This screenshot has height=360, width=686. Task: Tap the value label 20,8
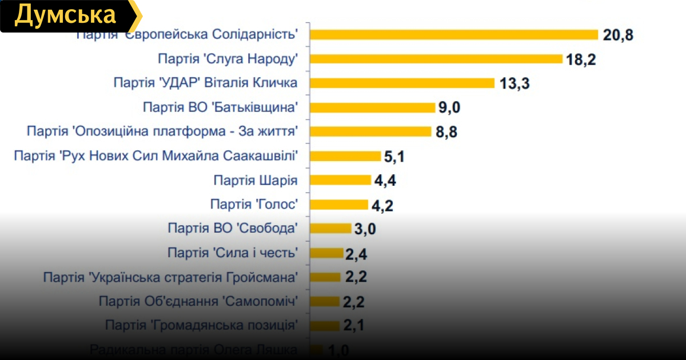click(x=618, y=35)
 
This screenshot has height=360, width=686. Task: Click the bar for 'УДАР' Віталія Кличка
click(x=402, y=83)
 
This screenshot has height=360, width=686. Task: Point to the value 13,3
click(x=514, y=83)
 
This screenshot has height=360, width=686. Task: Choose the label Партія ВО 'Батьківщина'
click(x=221, y=107)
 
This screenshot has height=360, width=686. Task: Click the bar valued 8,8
click(x=370, y=131)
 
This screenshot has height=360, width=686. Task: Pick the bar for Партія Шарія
click(x=341, y=181)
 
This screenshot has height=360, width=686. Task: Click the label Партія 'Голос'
click(x=254, y=205)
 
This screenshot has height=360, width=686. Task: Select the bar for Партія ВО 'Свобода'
click(x=330, y=229)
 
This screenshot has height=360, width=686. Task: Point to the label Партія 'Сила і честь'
click(x=233, y=253)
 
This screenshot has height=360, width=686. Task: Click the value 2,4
click(x=356, y=254)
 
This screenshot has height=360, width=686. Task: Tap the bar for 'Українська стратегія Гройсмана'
click(x=325, y=277)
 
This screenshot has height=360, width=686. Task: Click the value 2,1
click(x=354, y=326)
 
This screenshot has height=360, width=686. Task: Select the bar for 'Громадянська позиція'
click(x=325, y=326)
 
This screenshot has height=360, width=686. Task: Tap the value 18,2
click(x=581, y=59)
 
